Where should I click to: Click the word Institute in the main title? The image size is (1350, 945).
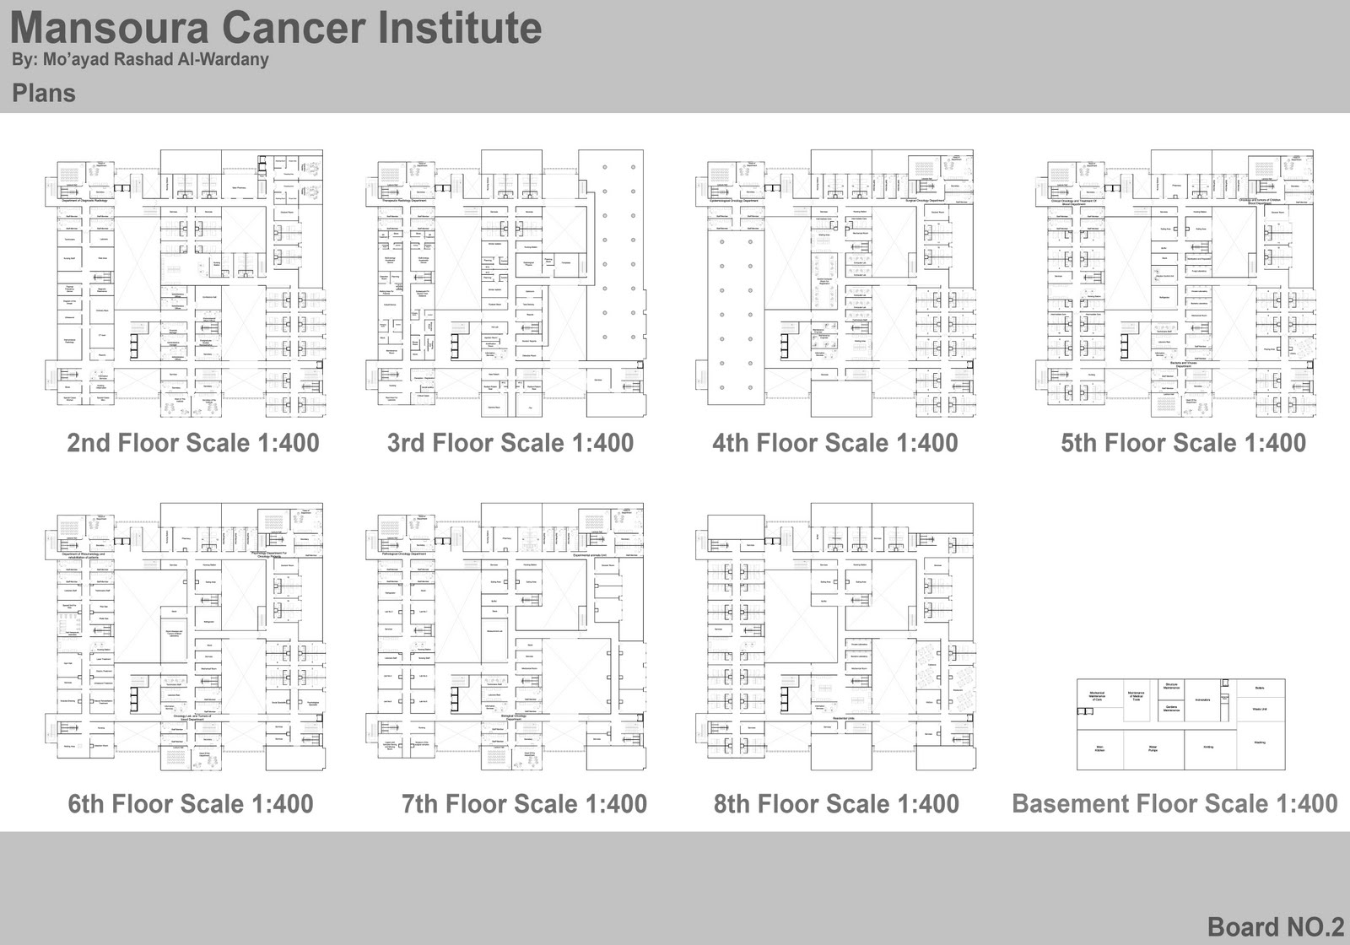[x=460, y=28]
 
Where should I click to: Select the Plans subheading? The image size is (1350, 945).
[x=44, y=93]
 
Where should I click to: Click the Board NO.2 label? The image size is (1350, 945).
[x=1275, y=926]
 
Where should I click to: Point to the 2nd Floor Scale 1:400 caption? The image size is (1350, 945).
[x=193, y=443]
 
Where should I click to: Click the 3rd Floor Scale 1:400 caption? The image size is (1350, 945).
[x=510, y=443]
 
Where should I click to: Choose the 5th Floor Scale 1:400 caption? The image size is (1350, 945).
[x=1183, y=443]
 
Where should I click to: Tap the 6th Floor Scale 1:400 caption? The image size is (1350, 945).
[x=191, y=804]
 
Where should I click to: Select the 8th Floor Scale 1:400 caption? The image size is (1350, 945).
[x=836, y=804]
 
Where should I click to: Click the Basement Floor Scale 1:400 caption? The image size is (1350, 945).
[x=1174, y=803]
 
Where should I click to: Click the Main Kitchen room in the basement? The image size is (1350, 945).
[x=1099, y=748]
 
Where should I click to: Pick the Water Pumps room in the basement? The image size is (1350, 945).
[x=1153, y=748]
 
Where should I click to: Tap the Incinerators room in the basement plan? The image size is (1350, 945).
[x=1203, y=699]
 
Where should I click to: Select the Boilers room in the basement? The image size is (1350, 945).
[x=1260, y=687]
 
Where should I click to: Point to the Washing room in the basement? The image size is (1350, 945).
[x=1260, y=742]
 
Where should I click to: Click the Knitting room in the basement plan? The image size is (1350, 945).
[x=1208, y=748]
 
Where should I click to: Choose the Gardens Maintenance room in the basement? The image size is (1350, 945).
[x=1170, y=710]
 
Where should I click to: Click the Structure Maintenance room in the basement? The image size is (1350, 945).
[x=1170, y=686]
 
